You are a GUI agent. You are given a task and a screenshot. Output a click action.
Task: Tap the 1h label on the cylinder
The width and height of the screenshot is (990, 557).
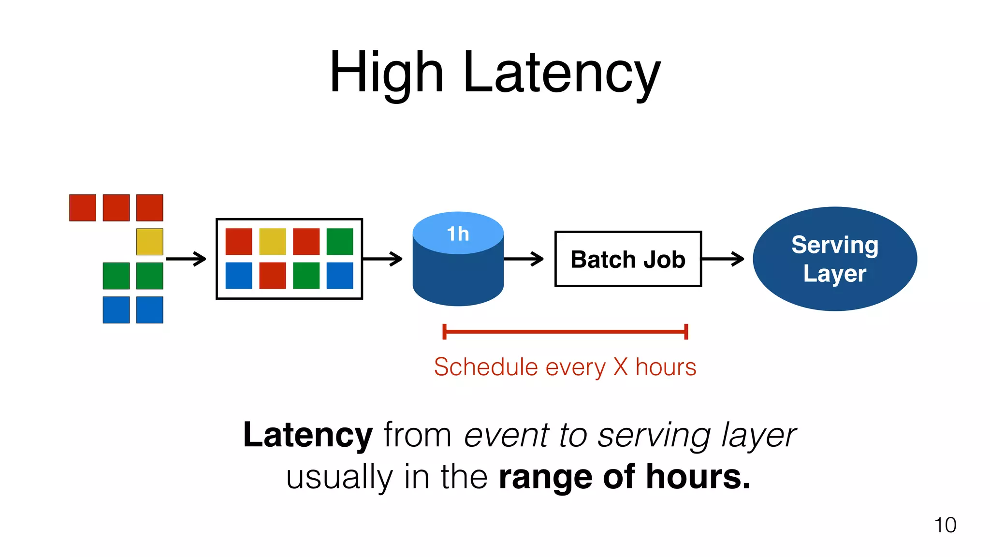point(458,234)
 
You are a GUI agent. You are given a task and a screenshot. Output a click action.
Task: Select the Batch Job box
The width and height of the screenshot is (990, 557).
point(628,259)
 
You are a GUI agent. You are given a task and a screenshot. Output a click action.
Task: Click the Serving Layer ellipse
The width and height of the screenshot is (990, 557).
point(835,259)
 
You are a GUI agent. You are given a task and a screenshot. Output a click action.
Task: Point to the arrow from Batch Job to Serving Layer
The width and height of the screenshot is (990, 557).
point(723,259)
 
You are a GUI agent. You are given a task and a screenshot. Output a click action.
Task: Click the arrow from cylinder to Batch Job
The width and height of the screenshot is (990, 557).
point(524,259)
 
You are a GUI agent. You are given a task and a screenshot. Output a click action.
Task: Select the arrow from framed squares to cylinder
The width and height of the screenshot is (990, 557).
point(382,259)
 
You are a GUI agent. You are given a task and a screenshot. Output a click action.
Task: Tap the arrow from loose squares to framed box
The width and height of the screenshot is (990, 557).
point(186,259)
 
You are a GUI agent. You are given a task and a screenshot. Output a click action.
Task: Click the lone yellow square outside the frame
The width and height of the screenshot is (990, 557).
point(150,242)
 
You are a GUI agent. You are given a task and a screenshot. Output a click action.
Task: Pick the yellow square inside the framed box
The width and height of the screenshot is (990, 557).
point(273,242)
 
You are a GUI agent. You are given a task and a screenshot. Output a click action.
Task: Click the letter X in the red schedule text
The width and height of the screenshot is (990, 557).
point(621,367)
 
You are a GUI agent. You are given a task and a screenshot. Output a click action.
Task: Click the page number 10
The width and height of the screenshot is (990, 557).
point(945,525)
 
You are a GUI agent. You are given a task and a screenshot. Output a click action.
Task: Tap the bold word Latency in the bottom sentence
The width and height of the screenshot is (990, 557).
point(308,435)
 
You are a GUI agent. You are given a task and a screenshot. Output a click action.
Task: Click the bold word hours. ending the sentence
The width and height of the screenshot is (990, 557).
point(698,477)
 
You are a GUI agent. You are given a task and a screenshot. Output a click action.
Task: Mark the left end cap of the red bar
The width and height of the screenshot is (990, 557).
point(444,332)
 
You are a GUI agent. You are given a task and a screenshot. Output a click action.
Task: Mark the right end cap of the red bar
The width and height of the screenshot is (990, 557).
point(686,332)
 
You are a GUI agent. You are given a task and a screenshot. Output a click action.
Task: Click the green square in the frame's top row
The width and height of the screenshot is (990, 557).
point(340,242)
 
